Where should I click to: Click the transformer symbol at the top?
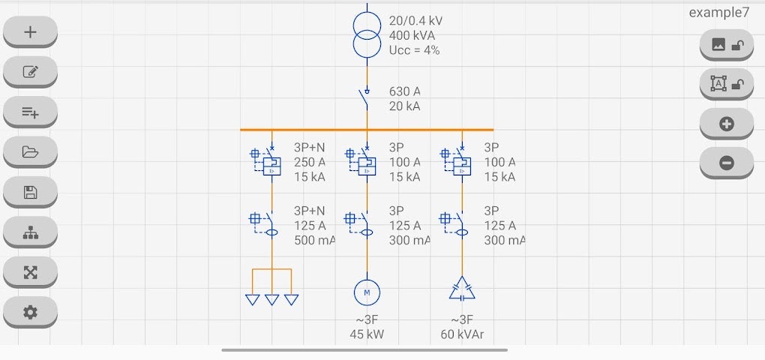(367, 34)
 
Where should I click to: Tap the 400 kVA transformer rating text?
(412, 35)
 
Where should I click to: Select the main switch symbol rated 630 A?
(367, 97)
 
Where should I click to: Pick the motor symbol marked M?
(367, 292)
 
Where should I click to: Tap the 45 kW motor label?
(367, 334)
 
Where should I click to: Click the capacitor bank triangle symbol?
(462, 289)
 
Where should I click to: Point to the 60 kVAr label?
(462, 334)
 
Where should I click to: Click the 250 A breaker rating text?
(310, 162)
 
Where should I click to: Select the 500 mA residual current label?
(314, 241)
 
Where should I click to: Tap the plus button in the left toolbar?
(30, 32)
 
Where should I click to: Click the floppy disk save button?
(30, 192)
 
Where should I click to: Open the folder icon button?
(30, 152)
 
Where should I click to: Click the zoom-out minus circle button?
(726, 162)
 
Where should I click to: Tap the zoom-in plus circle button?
(726, 124)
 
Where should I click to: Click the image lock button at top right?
(726, 45)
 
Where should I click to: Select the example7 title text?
(718, 13)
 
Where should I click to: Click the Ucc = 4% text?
(414, 50)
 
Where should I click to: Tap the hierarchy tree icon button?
(30, 232)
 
